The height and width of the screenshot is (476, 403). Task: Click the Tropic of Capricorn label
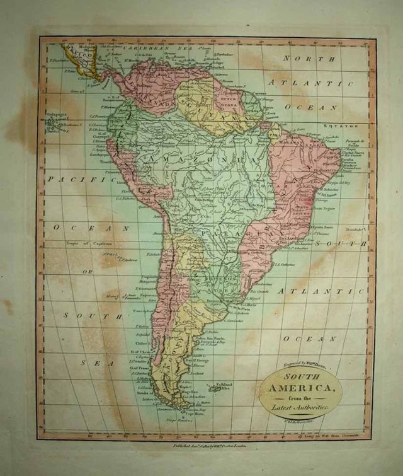point(90,243)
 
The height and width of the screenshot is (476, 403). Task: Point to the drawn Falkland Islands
point(214,388)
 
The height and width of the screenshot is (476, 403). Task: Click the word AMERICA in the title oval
point(300,388)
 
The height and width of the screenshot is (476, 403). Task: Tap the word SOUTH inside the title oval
point(300,377)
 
